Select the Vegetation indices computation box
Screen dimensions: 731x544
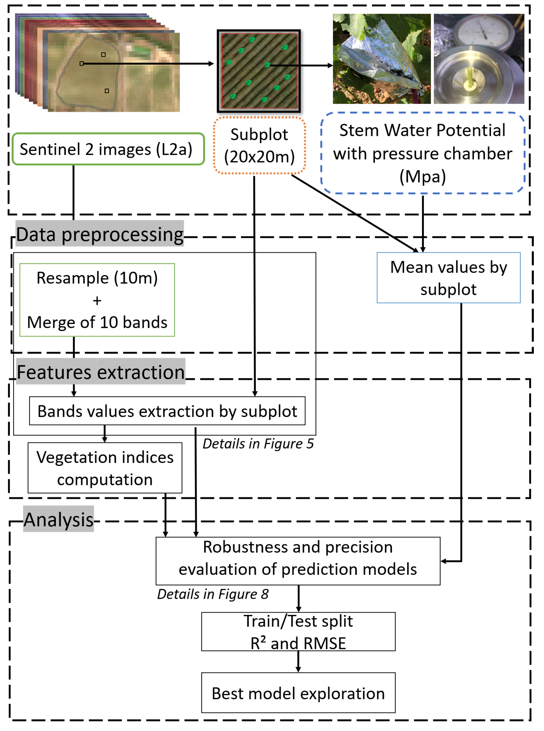105,468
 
